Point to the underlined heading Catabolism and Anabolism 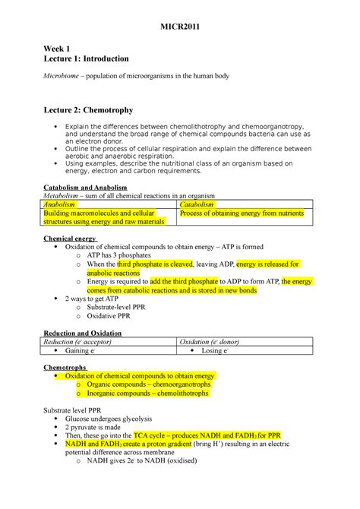coord(84,187)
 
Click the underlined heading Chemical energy coord(69,239)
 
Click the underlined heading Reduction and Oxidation coord(83,333)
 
